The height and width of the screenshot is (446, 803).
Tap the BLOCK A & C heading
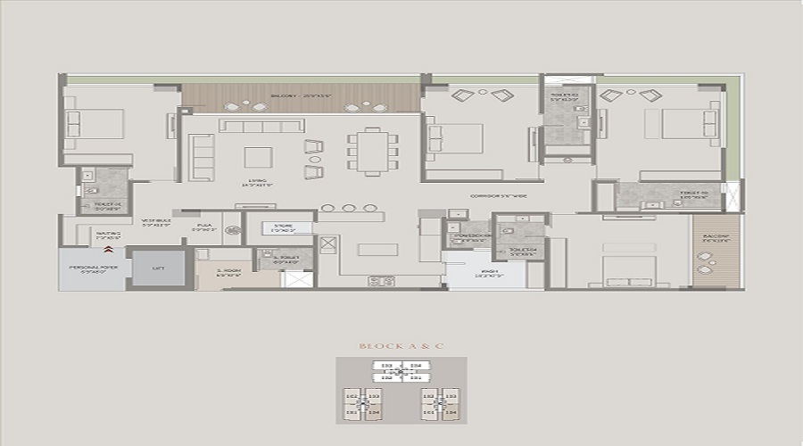tap(401, 345)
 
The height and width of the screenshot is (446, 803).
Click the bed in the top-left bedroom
tap(96, 129)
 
